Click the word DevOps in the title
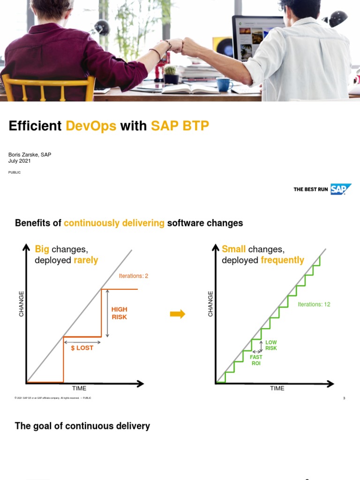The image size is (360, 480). (91, 126)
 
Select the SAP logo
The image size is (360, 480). (341, 189)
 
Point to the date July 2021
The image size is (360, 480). (20, 161)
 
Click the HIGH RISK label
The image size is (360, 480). (119, 313)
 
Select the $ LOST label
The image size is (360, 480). (82, 348)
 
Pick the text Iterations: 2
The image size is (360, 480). (134, 276)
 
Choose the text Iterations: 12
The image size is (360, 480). (314, 304)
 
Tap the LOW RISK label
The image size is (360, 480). (271, 345)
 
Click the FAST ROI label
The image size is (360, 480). (256, 360)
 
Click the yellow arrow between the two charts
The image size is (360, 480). (178, 314)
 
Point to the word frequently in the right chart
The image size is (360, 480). (283, 260)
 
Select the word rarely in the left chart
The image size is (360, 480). (86, 260)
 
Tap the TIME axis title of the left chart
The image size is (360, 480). (79, 388)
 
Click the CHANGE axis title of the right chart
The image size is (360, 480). (210, 303)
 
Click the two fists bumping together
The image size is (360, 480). (176, 45)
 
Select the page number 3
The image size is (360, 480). (344, 398)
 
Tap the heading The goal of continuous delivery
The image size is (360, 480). (82, 426)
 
